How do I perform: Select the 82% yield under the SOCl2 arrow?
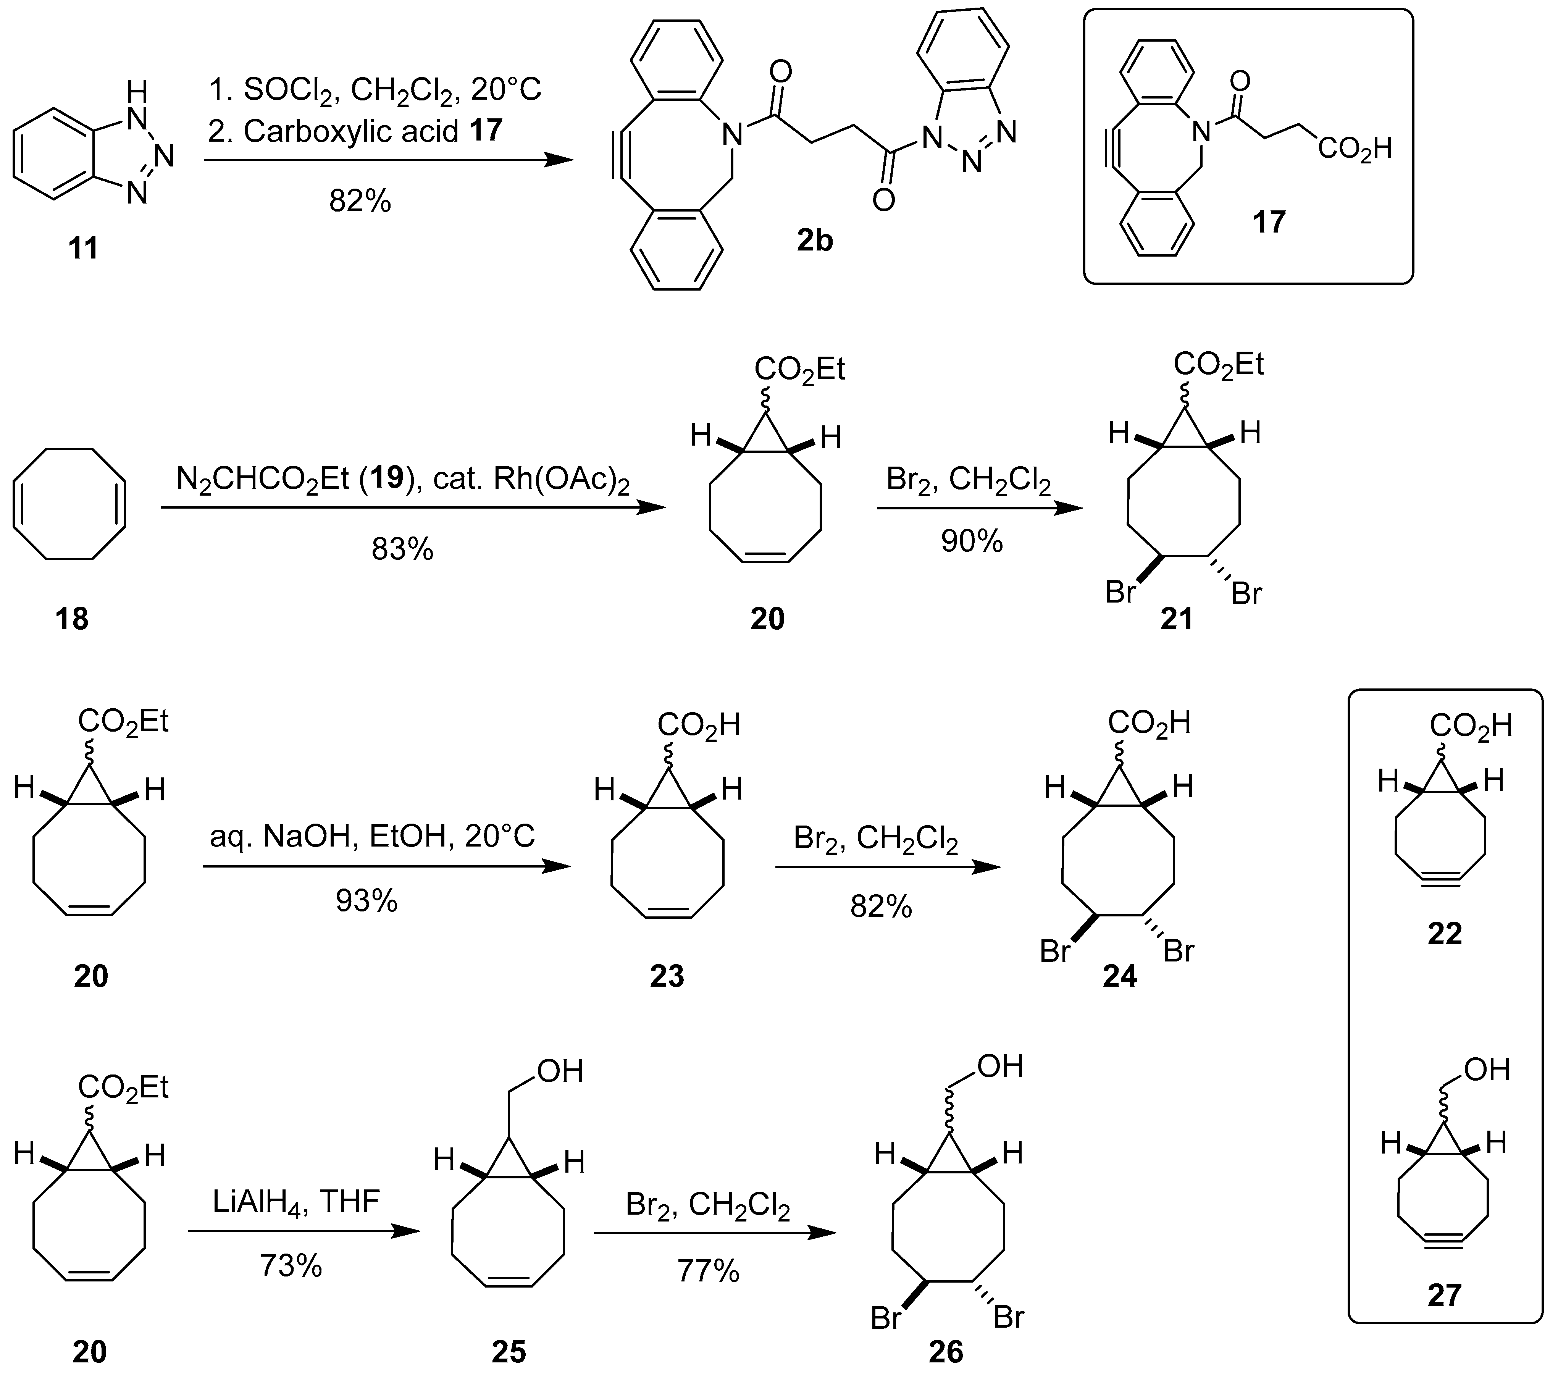click(360, 201)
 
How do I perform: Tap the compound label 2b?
click(815, 241)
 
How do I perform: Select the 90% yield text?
click(972, 541)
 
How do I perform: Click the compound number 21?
click(1176, 619)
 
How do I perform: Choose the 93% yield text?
click(366, 902)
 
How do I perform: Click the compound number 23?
click(667, 976)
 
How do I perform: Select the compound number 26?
click(946, 1352)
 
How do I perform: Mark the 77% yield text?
click(708, 1272)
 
